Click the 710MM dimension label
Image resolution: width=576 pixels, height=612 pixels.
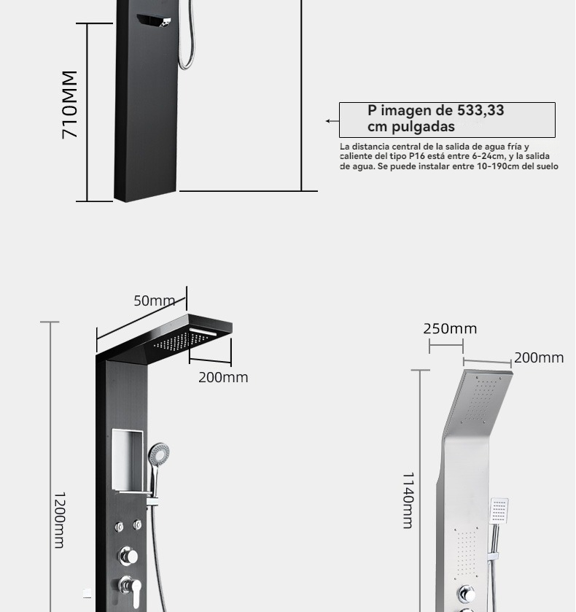(70, 104)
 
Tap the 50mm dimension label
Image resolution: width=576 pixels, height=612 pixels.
(155, 301)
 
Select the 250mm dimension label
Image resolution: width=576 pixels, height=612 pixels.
(450, 329)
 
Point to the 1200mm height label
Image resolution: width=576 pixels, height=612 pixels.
(59, 520)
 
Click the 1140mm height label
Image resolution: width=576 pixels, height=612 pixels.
(408, 500)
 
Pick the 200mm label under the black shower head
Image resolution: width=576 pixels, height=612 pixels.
(223, 377)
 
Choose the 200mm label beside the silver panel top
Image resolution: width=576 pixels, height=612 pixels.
(539, 357)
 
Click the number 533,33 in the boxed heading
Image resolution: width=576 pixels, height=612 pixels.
(480, 110)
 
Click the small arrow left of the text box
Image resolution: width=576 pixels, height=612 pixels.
(332, 121)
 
